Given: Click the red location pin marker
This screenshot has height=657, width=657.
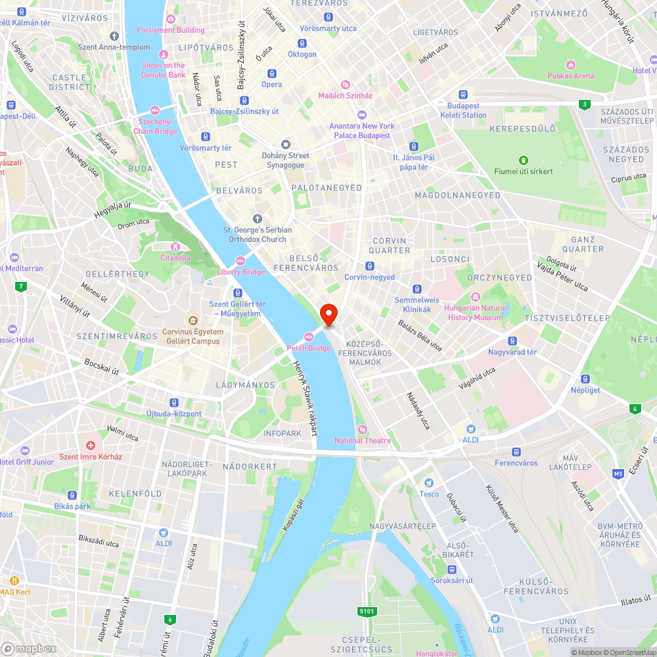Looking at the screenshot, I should (x=328, y=314).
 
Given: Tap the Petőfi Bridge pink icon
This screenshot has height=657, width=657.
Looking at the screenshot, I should (x=309, y=337).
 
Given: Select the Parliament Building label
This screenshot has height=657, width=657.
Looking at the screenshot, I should (x=170, y=30).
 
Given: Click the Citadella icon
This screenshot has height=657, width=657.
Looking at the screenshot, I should (x=175, y=247).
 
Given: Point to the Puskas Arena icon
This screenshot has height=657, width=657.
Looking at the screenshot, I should (x=571, y=64).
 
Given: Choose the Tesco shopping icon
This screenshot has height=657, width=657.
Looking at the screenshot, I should (x=429, y=483).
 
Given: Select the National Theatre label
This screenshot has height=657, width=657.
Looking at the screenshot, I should (x=362, y=440).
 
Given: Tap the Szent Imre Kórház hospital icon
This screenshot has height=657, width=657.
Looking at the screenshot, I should (x=91, y=445).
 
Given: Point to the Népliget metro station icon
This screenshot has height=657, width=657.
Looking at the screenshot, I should (x=585, y=378).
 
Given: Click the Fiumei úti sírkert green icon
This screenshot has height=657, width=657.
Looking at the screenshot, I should (x=524, y=160).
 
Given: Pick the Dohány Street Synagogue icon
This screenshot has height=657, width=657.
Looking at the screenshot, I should (x=285, y=144).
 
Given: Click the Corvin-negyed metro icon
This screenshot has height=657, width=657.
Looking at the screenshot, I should (x=370, y=266).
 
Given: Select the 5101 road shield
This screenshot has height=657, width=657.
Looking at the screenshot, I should (x=367, y=612).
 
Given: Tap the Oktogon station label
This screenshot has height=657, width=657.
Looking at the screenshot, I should (x=302, y=55).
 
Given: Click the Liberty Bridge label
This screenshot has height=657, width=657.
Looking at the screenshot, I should (x=241, y=272).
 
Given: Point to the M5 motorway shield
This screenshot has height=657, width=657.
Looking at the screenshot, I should (x=618, y=473).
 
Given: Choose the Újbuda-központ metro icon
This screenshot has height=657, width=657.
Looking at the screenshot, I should (x=174, y=402).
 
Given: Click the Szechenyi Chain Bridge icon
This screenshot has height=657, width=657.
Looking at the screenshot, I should (x=155, y=110).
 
